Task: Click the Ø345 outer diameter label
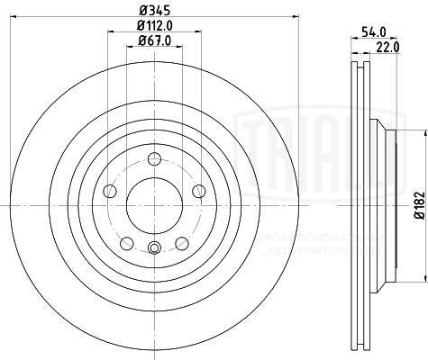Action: (151, 12)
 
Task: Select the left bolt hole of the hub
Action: (110, 190)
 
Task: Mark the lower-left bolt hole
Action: (126, 241)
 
